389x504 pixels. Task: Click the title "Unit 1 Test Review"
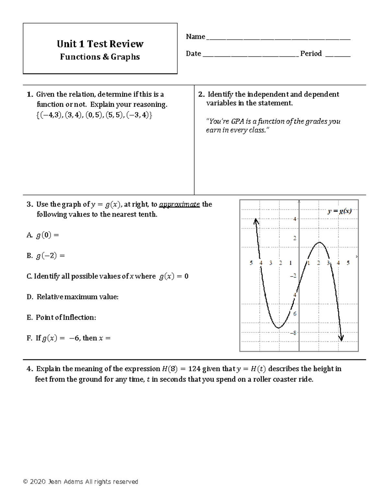[x=100, y=44]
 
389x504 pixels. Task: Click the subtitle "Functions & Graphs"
[x=100, y=57]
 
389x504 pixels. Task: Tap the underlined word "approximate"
[x=179, y=204]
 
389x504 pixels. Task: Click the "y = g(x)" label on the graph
[x=339, y=211]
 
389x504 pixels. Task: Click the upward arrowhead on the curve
[x=256, y=221]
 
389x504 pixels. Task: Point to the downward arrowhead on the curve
[x=341, y=338]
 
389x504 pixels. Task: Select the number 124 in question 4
[x=194, y=369]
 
